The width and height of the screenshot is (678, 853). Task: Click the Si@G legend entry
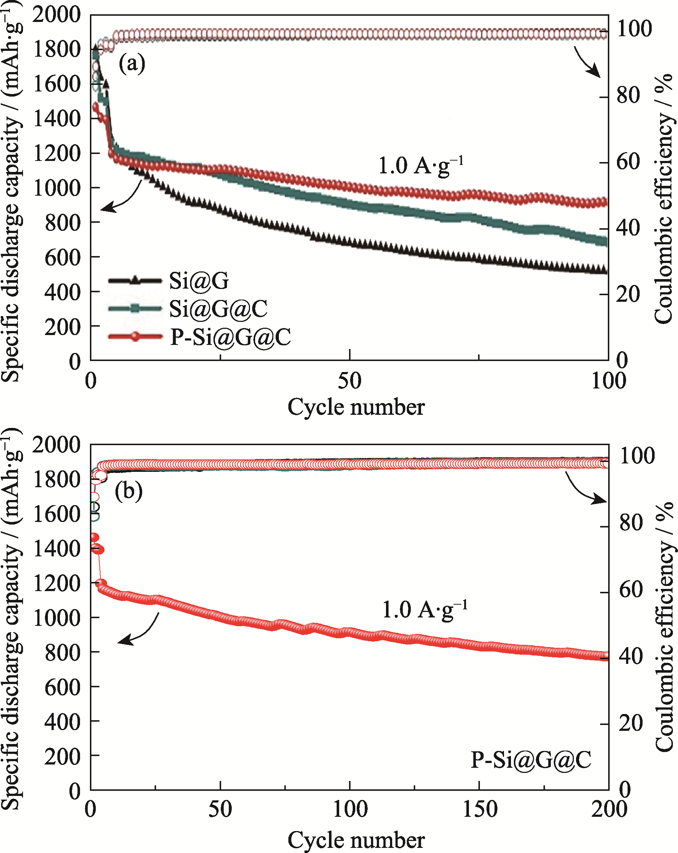(x=199, y=281)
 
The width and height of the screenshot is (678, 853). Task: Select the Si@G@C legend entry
(x=218, y=309)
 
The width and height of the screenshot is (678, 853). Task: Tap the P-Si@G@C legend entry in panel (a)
(x=231, y=337)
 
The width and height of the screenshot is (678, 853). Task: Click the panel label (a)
(x=132, y=63)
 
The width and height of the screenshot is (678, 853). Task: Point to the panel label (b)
(x=129, y=492)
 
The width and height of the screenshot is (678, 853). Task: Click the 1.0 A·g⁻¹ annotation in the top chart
(x=421, y=165)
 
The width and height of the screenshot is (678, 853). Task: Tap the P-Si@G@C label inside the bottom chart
(x=531, y=760)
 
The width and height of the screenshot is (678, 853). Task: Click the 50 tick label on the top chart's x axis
(x=349, y=382)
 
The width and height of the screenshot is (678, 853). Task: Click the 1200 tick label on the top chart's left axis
(x=57, y=154)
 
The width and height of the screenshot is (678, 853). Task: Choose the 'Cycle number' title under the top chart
(x=356, y=407)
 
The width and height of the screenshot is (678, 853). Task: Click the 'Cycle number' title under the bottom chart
(x=356, y=840)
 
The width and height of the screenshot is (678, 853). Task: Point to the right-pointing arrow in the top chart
(x=587, y=63)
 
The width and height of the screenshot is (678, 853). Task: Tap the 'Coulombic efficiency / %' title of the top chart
(x=663, y=198)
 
